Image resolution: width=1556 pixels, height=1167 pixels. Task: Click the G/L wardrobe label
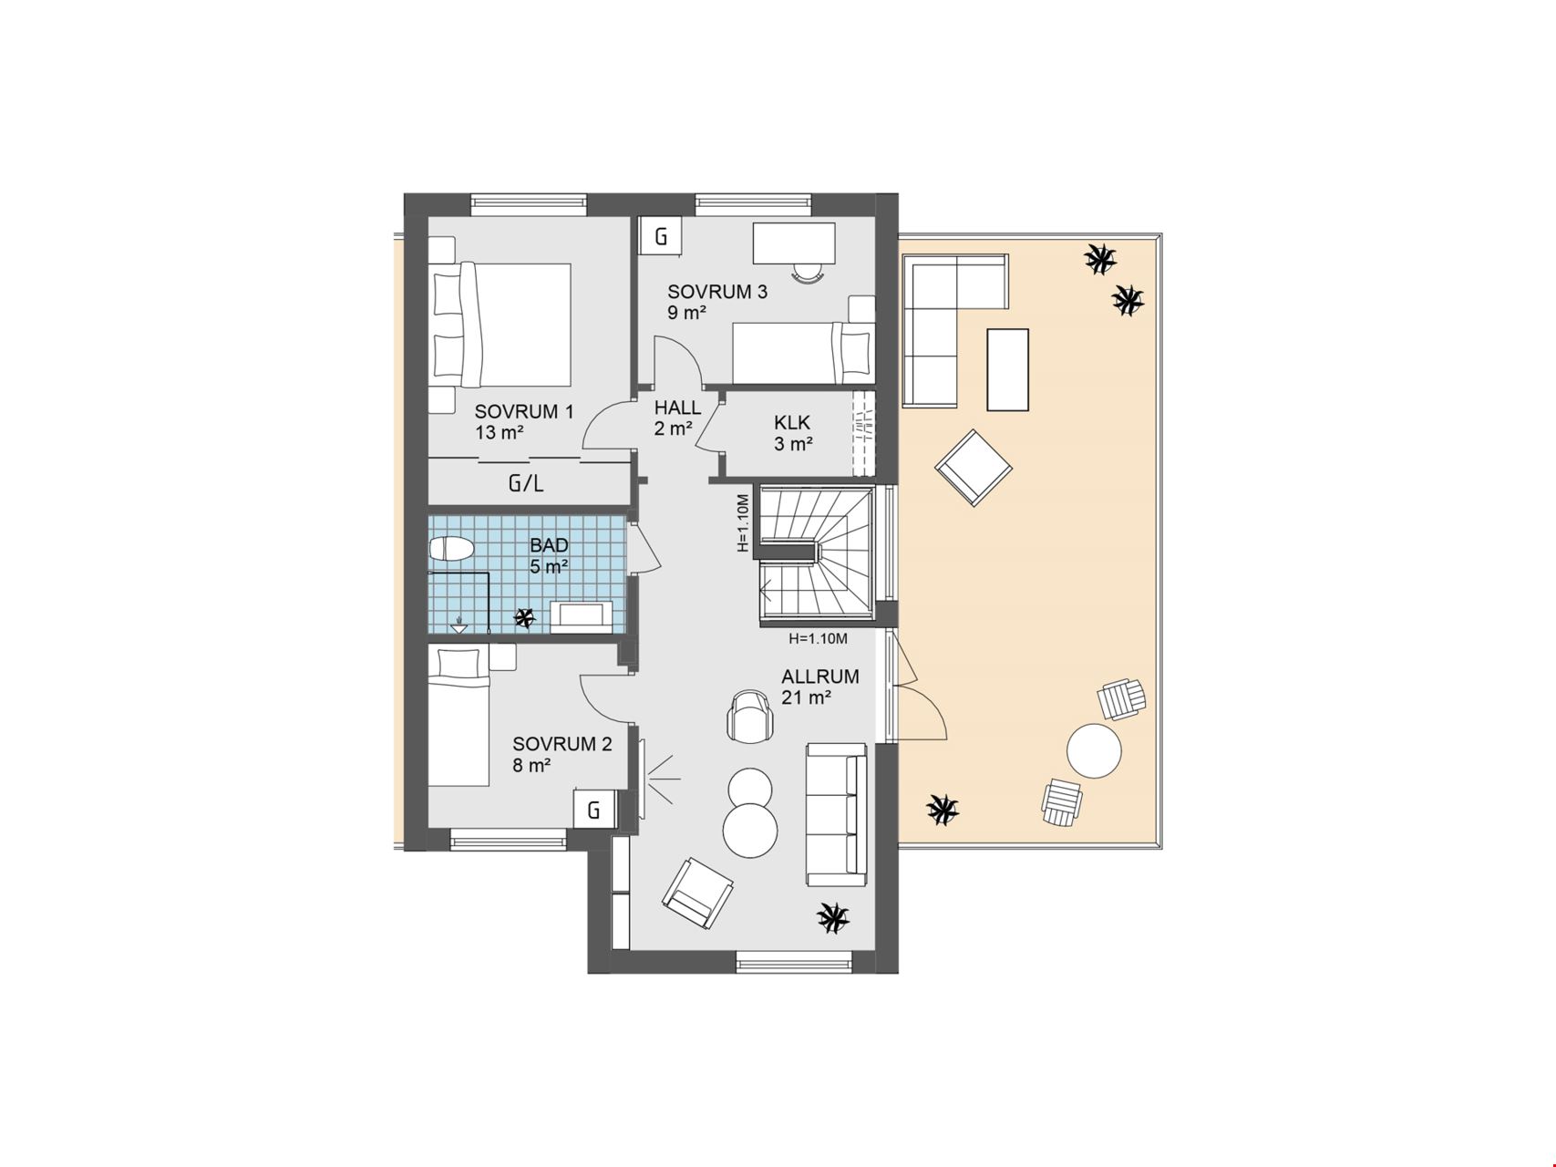[x=526, y=483]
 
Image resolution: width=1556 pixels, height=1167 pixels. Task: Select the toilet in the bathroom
[x=451, y=549]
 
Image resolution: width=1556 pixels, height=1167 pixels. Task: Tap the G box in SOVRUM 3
[x=661, y=237]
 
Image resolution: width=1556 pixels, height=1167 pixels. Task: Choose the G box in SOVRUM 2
[x=593, y=810]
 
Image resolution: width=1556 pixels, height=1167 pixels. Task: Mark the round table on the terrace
[x=1094, y=751]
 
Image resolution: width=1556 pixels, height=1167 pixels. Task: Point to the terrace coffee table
[x=1007, y=369]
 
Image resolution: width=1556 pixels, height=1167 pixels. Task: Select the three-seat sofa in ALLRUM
[x=836, y=815]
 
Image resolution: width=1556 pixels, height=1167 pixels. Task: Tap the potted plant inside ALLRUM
[x=832, y=916]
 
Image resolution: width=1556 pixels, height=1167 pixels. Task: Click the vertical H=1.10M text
[x=743, y=523]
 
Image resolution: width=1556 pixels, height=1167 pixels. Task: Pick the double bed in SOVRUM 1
[x=501, y=325]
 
